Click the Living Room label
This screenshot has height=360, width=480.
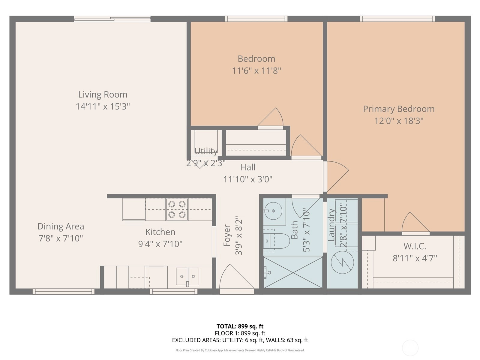103,94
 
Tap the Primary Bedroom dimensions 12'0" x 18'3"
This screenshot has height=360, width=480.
399,121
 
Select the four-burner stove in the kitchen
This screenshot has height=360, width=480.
177,209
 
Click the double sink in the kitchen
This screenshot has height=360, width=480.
187,276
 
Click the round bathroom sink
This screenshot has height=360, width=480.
273,211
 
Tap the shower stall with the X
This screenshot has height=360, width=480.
293,272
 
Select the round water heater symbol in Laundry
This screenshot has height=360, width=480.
342,262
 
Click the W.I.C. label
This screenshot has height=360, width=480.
415,246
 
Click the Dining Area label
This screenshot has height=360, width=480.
61,226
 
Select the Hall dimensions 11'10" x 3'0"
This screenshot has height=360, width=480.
248,179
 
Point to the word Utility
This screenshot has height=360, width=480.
206,151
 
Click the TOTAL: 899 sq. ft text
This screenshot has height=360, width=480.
240,326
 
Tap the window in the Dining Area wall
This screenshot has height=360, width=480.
63,291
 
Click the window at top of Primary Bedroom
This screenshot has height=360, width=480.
397,19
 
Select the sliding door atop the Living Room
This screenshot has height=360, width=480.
112,19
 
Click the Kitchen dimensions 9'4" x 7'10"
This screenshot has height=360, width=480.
160,244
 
